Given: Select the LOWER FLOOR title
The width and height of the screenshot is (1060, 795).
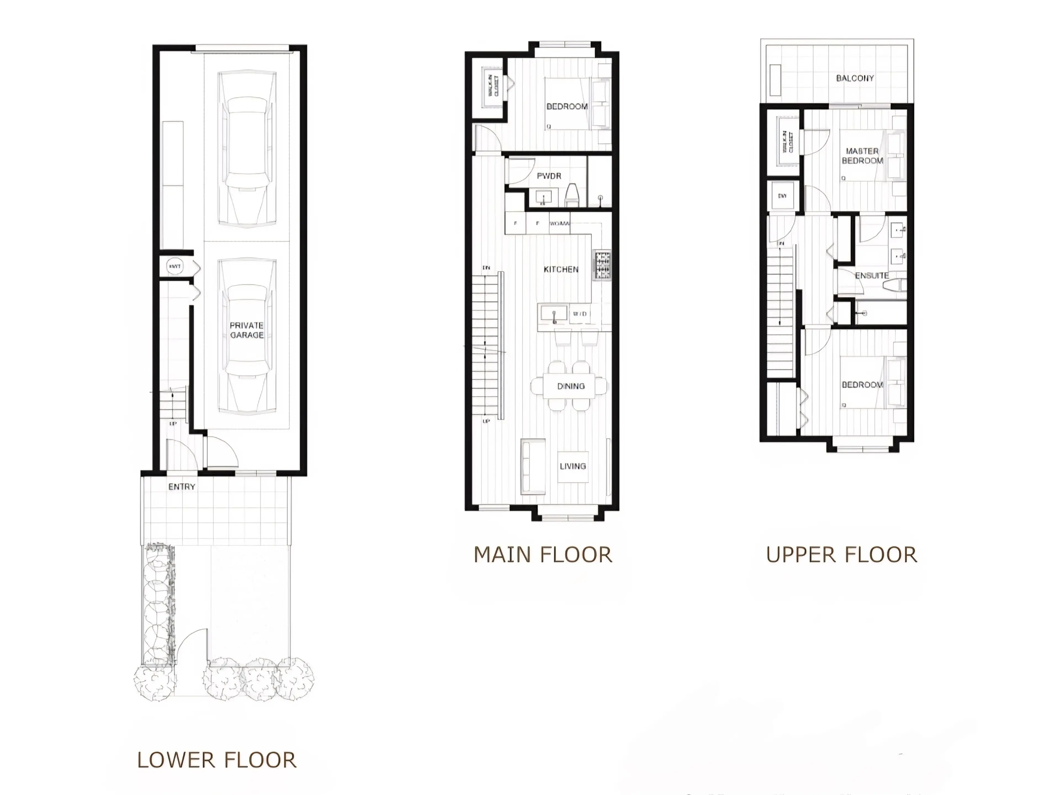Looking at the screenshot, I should coord(217,760).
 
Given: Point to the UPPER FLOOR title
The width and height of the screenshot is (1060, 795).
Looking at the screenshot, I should coord(841,555).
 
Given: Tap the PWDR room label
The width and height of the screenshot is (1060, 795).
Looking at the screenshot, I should coord(549,176).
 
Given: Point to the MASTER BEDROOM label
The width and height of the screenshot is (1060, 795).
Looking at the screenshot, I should coord(862,156).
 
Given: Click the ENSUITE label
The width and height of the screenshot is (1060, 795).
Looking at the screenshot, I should coord(872,275).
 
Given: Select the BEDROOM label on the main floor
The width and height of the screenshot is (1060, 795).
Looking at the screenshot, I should coord(567,106).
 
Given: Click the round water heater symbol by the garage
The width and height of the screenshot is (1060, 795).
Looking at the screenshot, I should coord(174,266).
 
